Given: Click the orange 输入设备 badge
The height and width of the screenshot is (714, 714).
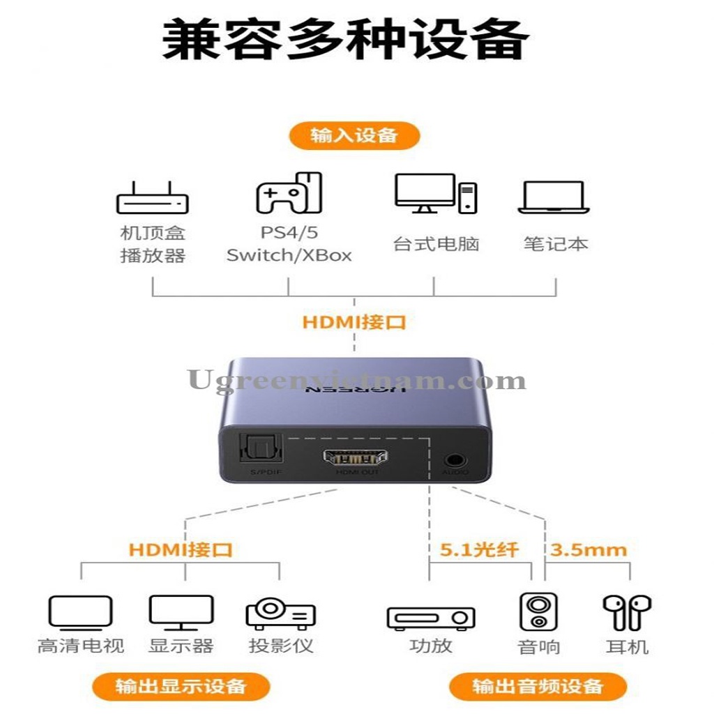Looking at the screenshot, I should [354, 135].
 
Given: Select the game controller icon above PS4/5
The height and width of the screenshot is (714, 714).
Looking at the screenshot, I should [289, 193].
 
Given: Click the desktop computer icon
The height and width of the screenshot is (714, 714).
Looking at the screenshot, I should [436, 193].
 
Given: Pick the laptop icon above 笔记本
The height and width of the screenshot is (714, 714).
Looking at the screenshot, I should [554, 198].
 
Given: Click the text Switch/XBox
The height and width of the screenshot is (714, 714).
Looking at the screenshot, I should [289, 255].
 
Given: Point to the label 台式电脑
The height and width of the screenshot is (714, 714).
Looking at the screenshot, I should [436, 244].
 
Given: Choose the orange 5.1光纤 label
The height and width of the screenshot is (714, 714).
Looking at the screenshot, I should [480, 549].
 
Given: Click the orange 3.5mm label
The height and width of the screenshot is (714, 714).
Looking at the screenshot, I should [588, 549].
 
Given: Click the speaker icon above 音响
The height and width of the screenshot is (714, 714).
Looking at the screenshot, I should [538, 612].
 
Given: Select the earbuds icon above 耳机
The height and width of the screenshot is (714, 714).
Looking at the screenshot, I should [627, 612].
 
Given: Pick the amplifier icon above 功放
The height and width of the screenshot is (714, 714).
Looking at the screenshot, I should [431, 617].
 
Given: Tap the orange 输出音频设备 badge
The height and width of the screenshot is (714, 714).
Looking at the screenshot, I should [538, 686].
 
